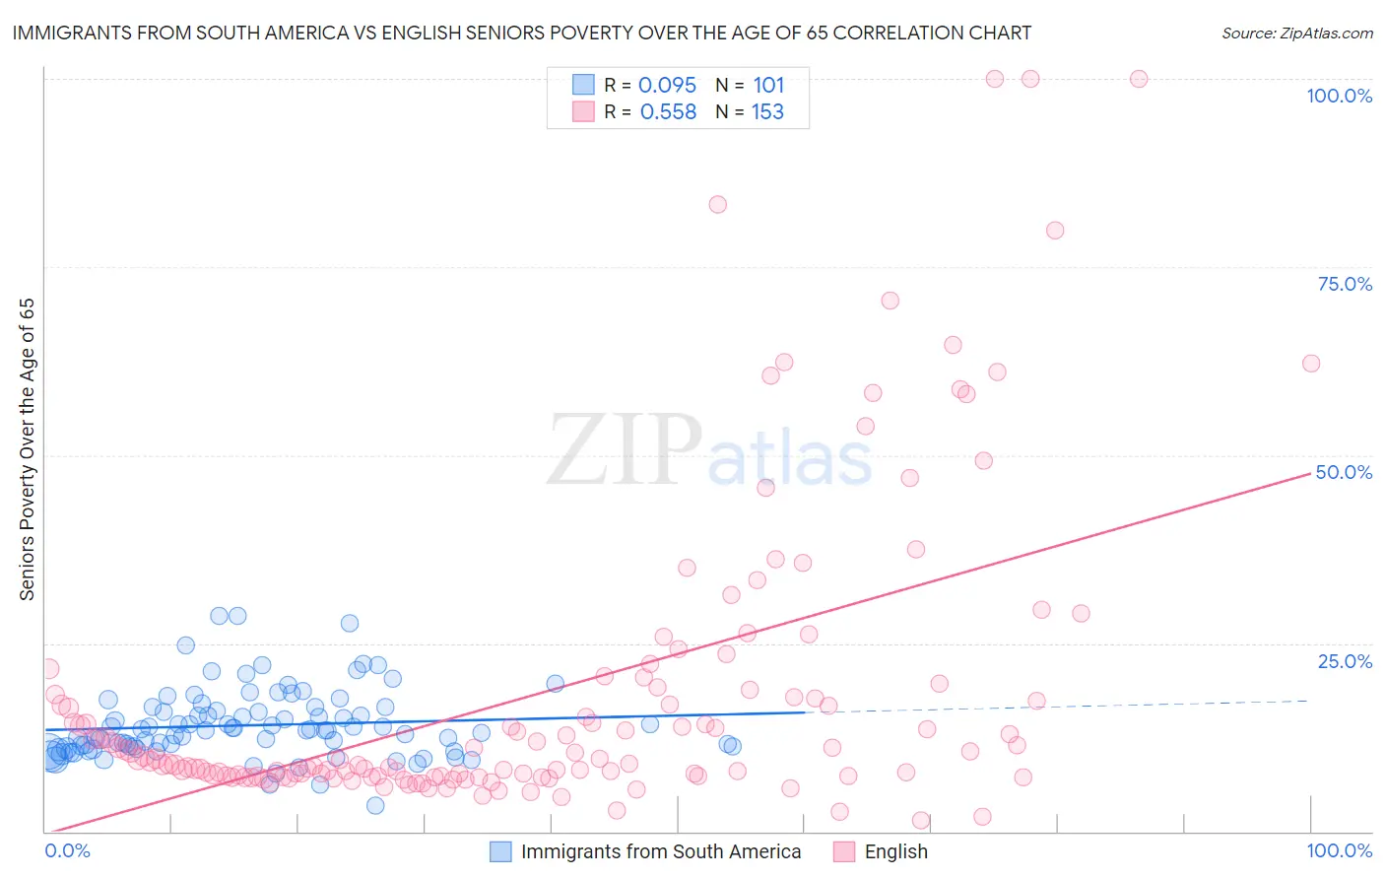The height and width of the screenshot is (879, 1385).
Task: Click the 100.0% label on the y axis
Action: click(1339, 96)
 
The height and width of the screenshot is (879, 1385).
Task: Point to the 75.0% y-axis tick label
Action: click(1345, 284)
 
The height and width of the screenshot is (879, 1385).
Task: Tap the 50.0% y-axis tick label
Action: click(1344, 472)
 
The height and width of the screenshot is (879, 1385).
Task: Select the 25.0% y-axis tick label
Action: click(1345, 661)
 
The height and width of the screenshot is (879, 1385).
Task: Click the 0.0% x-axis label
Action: click(67, 850)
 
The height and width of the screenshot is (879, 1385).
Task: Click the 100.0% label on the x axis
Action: click(1339, 850)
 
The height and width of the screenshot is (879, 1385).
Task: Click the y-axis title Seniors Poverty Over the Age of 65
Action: click(28, 449)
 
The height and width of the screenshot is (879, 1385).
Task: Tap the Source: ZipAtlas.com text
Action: click(1296, 33)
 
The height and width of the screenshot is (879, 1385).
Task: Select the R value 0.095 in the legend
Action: click(667, 86)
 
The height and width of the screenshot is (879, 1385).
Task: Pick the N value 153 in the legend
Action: click(767, 112)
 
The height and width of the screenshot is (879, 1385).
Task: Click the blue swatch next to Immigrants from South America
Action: click(500, 851)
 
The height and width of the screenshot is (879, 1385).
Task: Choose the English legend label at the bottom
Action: click(895, 851)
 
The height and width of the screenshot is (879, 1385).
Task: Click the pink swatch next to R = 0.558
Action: click(583, 112)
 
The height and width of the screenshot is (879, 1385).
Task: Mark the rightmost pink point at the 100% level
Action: click(1139, 79)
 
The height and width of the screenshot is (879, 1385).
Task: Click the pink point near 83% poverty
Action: click(717, 205)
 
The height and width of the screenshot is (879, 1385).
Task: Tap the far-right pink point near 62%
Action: click(1311, 364)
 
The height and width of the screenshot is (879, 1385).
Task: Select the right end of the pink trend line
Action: click(1310, 473)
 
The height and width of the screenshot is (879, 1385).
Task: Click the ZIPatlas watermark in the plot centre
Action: click(709, 451)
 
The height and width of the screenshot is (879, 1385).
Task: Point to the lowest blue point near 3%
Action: click(375, 805)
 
